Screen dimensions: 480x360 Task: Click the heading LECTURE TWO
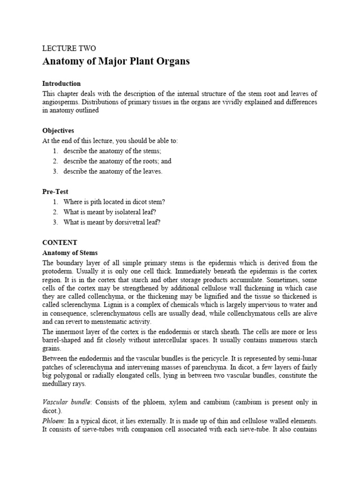[x=69, y=48]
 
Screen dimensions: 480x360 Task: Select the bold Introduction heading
[x=61, y=83]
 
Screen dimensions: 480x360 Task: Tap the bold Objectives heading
[x=58, y=131]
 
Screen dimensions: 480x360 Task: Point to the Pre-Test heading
[x=55, y=192]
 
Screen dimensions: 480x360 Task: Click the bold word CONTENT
[x=60, y=242]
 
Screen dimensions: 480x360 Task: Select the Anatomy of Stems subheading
[x=70, y=253]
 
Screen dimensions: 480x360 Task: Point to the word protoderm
[x=59, y=273]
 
